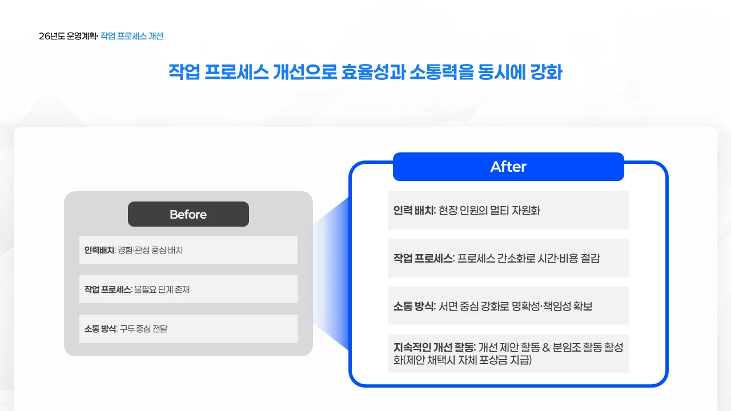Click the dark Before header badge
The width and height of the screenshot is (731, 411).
[188, 214]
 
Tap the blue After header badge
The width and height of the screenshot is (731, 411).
[508, 167]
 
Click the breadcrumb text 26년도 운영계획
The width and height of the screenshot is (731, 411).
[67, 36]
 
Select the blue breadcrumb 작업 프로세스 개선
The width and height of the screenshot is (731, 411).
[132, 36]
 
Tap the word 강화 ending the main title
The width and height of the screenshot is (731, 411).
[547, 73]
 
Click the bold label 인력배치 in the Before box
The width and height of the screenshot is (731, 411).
[99, 250]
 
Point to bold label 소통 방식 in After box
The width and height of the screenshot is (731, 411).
[414, 306]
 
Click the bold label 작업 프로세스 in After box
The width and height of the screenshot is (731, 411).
[423, 258]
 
